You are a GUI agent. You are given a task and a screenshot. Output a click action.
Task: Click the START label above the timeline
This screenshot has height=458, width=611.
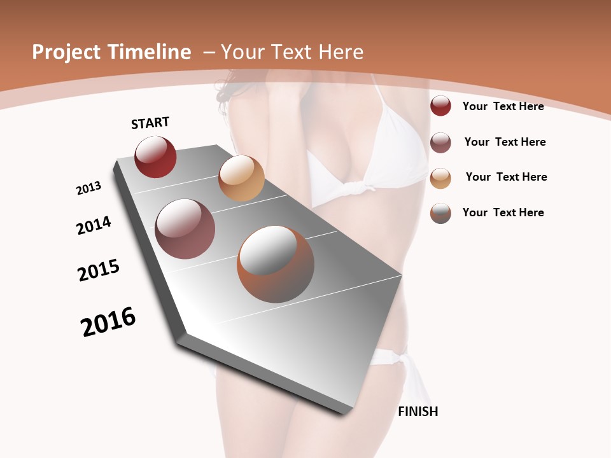click(150, 123)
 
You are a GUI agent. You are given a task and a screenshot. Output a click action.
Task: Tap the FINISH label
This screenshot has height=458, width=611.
click(418, 412)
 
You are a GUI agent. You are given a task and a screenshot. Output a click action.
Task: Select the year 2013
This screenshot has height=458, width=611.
click(89, 188)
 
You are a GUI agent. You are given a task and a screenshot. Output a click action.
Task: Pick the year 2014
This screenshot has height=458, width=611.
click(94, 225)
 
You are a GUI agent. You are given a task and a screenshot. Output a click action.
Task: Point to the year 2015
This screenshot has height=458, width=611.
click(99, 270)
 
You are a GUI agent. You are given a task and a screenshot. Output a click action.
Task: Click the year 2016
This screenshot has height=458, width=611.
click(108, 322)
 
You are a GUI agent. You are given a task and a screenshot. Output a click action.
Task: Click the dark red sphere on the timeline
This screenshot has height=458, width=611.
click(155, 157)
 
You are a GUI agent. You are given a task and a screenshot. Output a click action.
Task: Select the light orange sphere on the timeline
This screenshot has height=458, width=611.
click(241, 178)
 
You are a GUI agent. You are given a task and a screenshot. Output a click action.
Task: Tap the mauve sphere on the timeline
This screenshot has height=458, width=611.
click(185, 229)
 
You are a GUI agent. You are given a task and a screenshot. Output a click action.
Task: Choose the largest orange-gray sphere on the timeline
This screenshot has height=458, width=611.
click(276, 264)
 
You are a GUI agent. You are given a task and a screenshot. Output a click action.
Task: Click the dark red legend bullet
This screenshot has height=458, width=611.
click(440, 106)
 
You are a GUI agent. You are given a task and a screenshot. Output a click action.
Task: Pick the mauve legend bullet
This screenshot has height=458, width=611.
click(440, 142)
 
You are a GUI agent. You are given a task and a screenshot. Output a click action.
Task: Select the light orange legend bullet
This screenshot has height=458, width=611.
click(440, 178)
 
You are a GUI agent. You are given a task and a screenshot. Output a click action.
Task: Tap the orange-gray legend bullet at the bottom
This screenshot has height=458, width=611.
click(440, 213)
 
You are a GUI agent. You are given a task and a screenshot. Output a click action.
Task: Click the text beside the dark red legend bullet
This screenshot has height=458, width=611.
click(503, 106)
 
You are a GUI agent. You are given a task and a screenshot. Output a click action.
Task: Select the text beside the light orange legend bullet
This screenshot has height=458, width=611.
click(506, 177)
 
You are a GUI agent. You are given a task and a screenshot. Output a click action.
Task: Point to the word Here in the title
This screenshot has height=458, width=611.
click(341, 52)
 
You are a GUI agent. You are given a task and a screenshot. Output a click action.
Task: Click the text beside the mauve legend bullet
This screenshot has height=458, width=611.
click(505, 142)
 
